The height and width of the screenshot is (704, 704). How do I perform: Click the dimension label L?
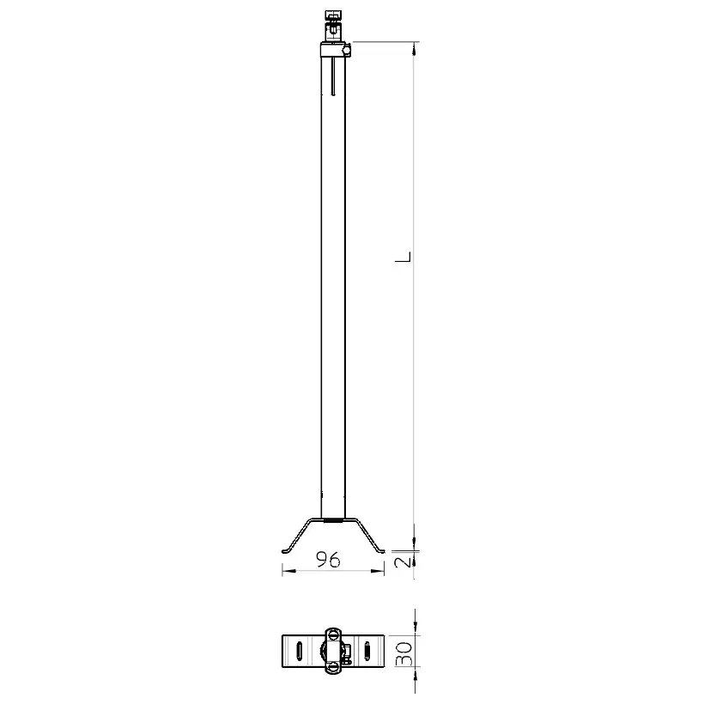point(403,257)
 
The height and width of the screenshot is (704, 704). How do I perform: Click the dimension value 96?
point(328,560)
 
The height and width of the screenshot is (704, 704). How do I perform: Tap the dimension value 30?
point(404,653)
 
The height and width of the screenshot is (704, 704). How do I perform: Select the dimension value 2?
point(404,561)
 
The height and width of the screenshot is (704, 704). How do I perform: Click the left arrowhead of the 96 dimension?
point(288,571)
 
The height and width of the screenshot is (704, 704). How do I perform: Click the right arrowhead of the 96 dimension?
point(378,571)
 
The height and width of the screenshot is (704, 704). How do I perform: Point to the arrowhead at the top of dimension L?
point(414,48)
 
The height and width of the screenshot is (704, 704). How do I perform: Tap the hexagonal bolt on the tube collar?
point(347,51)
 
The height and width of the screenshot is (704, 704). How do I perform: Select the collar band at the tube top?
point(333,50)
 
